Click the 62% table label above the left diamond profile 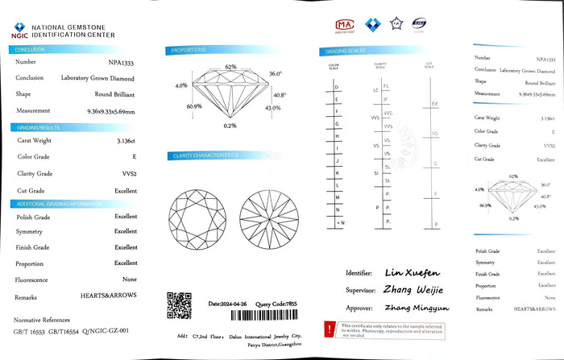point(230,66)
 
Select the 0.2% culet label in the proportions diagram point(230,126)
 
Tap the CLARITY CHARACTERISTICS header point(203,155)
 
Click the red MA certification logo point(344,25)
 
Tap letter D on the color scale point(336,86)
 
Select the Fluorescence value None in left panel point(129,279)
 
